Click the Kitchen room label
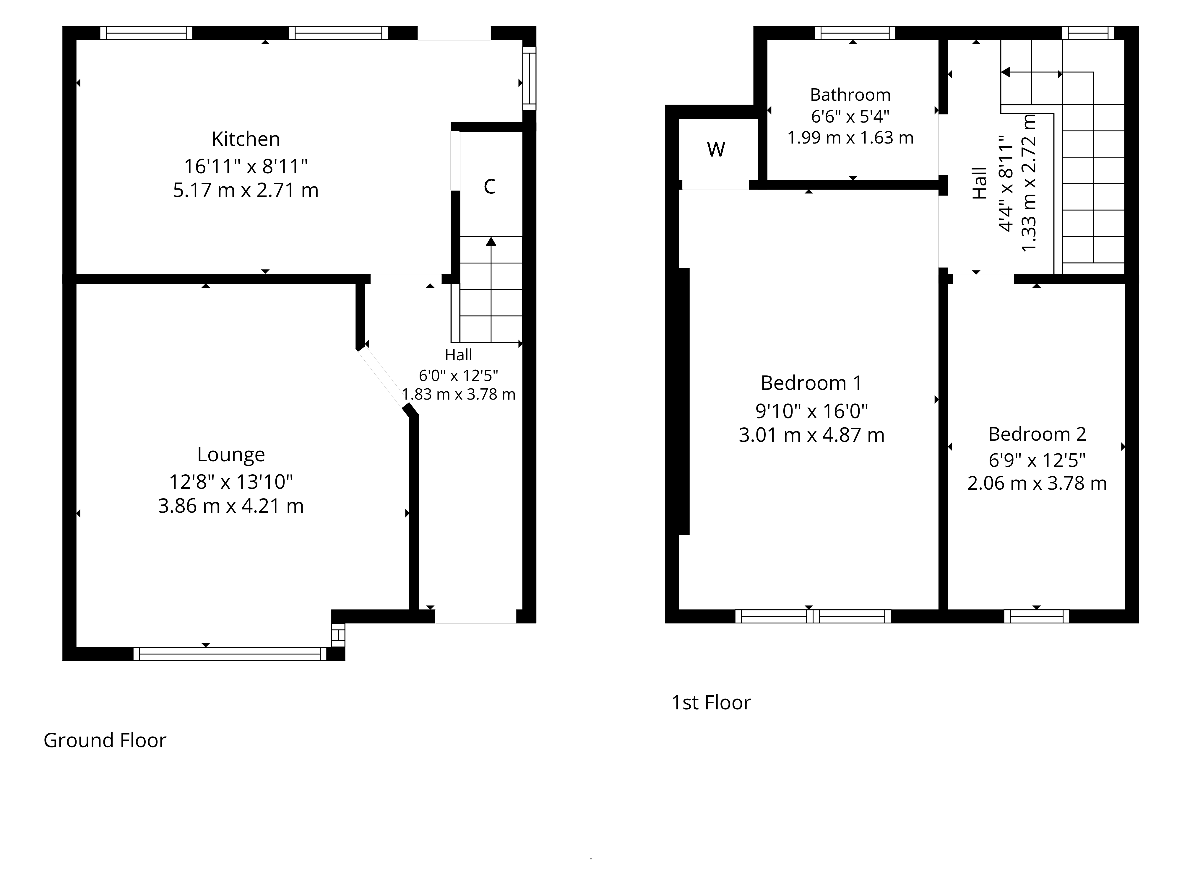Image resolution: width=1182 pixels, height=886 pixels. point(246,139)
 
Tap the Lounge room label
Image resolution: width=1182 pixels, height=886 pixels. point(231,455)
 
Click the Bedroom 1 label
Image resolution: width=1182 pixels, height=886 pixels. point(811,383)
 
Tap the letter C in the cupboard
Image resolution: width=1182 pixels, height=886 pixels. point(489,187)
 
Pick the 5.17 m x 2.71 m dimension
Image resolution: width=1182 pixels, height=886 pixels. point(246,190)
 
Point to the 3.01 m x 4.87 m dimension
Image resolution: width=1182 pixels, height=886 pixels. point(811,435)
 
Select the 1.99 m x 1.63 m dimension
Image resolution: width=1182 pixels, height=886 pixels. point(850,138)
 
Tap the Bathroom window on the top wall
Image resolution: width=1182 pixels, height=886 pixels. point(855,33)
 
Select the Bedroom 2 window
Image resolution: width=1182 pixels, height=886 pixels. point(1037,616)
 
